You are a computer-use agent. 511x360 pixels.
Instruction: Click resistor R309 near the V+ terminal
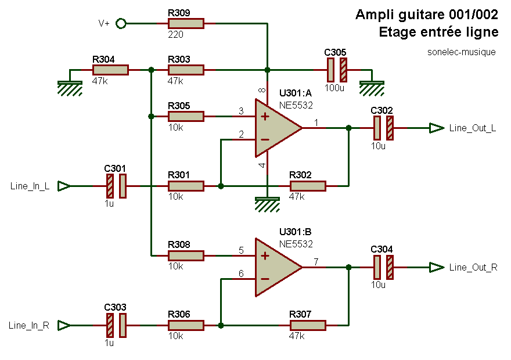click(x=186, y=23)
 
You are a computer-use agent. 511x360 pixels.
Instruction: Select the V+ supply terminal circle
click(x=121, y=23)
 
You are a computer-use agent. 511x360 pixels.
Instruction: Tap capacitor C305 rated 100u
click(x=337, y=70)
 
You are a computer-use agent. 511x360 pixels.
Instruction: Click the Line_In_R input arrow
click(x=64, y=325)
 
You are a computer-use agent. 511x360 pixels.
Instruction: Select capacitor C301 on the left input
click(x=116, y=186)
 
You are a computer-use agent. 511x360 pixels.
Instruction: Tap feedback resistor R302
click(x=308, y=186)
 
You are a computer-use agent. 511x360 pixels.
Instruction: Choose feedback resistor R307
click(x=308, y=325)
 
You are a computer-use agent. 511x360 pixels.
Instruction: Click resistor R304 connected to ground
click(x=110, y=70)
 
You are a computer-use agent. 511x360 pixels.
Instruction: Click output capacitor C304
click(x=383, y=267)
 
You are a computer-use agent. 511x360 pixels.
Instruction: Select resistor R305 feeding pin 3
click(x=186, y=116)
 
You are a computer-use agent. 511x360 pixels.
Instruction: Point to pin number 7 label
click(x=315, y=262)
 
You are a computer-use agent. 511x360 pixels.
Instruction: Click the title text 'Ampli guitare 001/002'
click(x=427, y=15)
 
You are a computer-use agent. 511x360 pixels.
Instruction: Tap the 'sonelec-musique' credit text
click(x=461, y=52)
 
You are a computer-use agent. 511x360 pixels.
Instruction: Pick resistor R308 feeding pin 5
click(x=186, y=255)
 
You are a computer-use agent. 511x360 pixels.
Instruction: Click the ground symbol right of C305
click(x=372, y=87)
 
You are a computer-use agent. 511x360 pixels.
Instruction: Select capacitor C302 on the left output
click(x=383, y=128)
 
